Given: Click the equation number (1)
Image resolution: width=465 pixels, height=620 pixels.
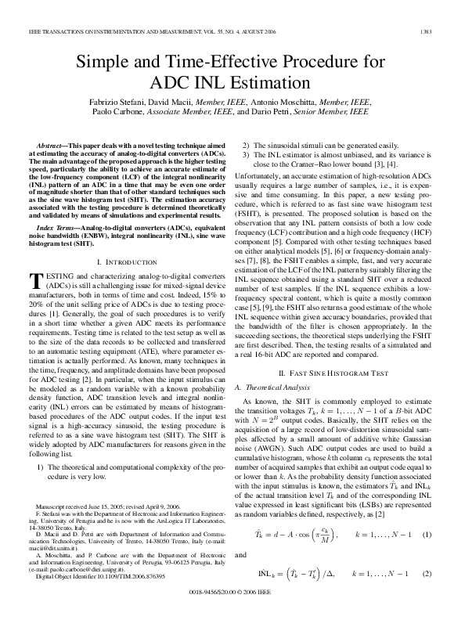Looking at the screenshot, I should pos(427,534).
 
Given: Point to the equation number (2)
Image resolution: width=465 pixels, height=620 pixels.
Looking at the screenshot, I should pos(427,572).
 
